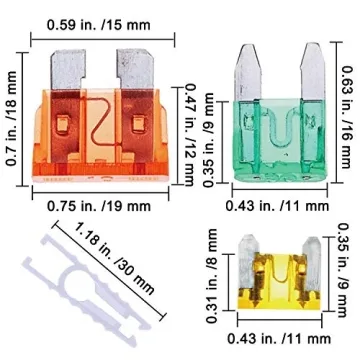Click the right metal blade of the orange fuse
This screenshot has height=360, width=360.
pyautogui.click(x=133, y=69)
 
